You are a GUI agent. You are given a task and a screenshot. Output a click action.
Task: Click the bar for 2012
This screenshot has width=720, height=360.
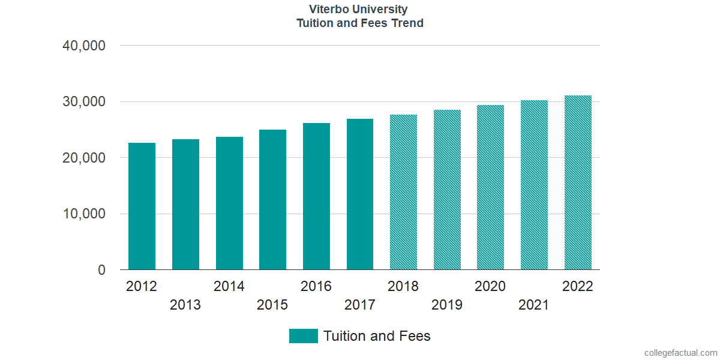[x=142, y=206]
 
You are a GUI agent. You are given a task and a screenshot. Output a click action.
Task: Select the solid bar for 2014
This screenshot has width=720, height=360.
[x=229, y=203]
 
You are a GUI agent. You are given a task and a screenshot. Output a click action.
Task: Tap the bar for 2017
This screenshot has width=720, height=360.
[x=360, y=194]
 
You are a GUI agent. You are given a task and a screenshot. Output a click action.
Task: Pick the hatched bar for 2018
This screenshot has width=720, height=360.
[x=403, y=192]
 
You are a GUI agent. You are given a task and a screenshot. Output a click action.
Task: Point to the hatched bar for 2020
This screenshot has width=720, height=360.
[x=490, y=187]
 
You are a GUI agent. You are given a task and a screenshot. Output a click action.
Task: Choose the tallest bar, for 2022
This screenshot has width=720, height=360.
[x=578, y=182]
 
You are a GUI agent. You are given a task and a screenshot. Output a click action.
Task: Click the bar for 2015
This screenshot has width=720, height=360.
[x=272, y=200]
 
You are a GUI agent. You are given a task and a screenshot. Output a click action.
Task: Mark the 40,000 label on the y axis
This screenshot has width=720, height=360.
[x=84, y=46]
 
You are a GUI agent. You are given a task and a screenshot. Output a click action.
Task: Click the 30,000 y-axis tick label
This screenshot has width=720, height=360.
[x=84, y=102]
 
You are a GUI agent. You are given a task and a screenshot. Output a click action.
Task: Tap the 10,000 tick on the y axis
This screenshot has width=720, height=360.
[x=84, y=214]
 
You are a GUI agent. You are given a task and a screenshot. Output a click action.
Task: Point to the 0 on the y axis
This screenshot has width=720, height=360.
[x=101, y=271]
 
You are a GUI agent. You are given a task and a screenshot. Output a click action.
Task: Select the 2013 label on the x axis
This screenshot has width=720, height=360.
[x=185, y=305]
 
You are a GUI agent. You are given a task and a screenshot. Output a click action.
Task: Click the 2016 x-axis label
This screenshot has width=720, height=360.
[x=316, y=286]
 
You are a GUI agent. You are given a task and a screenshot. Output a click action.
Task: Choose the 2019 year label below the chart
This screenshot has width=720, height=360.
[x=447, y=305]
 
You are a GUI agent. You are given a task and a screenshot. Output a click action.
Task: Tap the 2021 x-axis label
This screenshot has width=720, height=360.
[x=534, y=305]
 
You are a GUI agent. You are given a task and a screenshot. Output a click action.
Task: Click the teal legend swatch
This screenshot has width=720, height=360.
[x=303, y=336]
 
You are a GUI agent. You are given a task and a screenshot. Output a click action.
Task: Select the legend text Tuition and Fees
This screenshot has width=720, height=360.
[x=377, y=336]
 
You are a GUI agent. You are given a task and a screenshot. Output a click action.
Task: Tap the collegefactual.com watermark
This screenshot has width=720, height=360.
[x=680, y=353]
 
